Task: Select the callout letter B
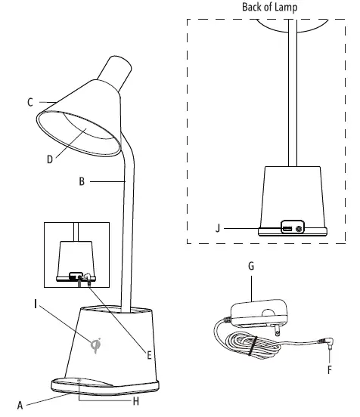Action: tap(82, 181)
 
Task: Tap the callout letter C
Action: tap(31, 102)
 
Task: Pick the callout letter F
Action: tap(329, 370)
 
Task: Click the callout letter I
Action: tap(36, 304)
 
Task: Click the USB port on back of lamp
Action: tap(288, 227)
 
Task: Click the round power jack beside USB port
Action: tap(300, 227)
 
